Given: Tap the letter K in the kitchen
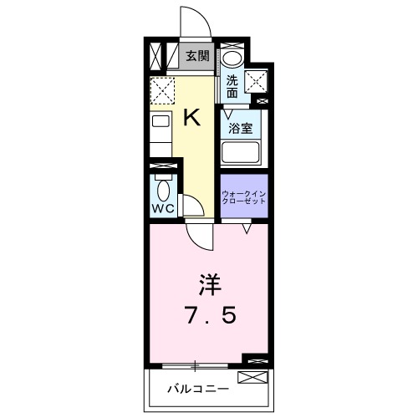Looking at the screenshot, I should coord(191,117).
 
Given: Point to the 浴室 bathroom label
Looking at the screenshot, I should coord(242,129).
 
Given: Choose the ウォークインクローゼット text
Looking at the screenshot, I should coord(243,198).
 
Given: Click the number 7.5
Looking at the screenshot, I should coord(208,316).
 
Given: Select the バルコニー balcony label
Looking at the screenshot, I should coord(192,388).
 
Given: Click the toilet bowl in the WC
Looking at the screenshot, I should coord(163,187).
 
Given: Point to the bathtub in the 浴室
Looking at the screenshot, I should coord(242,153).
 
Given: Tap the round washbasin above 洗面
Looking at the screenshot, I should coord(232,58).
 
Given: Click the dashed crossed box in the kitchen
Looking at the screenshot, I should coord(162,89).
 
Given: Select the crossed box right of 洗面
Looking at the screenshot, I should coord(257,79).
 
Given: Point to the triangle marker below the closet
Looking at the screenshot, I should coord(247,226).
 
